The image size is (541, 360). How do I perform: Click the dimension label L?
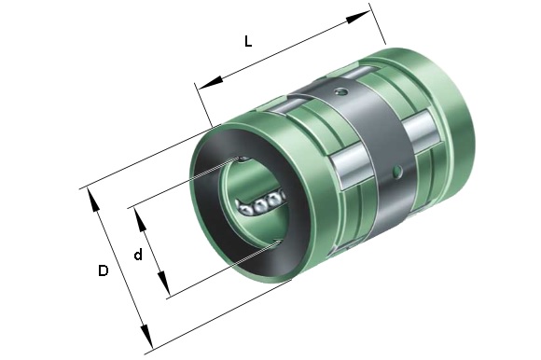[248, 42]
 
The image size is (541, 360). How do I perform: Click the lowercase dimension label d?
[138, 255]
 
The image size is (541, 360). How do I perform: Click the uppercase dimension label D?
[104, 270]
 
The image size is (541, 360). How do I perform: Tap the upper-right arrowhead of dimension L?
[358, 17]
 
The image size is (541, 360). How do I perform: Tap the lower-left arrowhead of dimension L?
[210, 83]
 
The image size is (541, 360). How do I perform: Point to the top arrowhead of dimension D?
[93, 199]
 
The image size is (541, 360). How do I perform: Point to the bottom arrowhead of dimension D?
[147, 336]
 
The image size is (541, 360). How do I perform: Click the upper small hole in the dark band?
[341, 91]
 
